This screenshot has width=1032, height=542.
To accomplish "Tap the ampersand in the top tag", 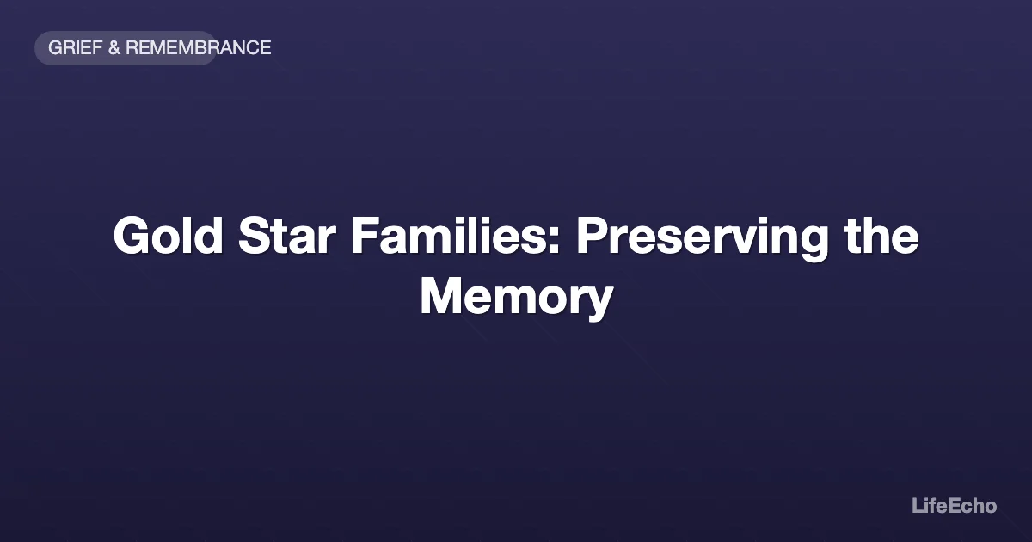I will (114, 48).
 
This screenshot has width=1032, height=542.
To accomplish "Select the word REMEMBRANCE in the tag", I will (199, 48).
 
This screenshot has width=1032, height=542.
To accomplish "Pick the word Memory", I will (516, 298).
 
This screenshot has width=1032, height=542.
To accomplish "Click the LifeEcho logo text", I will (954, 506).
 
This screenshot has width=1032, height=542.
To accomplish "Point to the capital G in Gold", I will (132, 236).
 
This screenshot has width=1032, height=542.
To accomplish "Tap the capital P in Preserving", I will (592, 236).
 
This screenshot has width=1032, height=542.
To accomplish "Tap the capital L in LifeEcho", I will (917, 506).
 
